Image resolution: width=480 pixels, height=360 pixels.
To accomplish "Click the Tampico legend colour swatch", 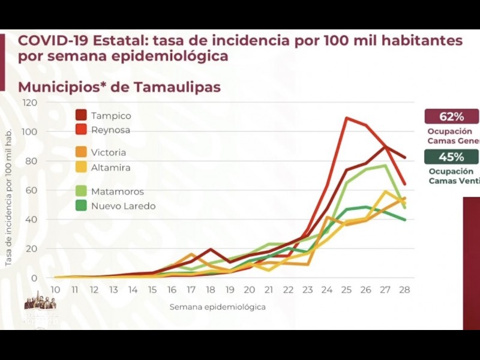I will click(x=81, y=115).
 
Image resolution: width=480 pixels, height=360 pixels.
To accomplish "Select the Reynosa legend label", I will click(x=110, y=130).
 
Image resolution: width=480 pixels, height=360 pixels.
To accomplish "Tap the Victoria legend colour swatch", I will click(x=81, y=152).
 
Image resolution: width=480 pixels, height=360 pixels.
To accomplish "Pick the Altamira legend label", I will click(x=110, y=167).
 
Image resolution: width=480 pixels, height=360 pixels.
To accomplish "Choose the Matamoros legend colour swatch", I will click(x=81, y=191).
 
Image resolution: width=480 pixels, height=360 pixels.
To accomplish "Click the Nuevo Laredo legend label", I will click(x=123, y=206).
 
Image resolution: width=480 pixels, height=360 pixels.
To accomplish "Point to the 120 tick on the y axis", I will click(x=30, y=103).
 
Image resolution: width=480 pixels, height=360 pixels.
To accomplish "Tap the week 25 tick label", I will click(x=346, y=289).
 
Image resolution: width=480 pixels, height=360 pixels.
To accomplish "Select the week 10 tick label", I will click(x=56, y=289).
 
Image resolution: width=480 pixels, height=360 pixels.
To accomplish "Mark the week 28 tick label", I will click(x=404, y=289).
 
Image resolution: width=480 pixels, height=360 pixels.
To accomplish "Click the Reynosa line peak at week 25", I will click(x=347, y=118).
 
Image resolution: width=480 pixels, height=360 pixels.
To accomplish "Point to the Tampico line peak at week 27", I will click(x=385, y=147).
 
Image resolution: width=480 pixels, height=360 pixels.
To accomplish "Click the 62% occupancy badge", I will click(x=451, y=116).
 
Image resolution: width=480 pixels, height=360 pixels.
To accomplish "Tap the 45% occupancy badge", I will click(x=451, y=157).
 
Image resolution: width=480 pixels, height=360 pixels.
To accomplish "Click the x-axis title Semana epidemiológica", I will click(x=217, y=307).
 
